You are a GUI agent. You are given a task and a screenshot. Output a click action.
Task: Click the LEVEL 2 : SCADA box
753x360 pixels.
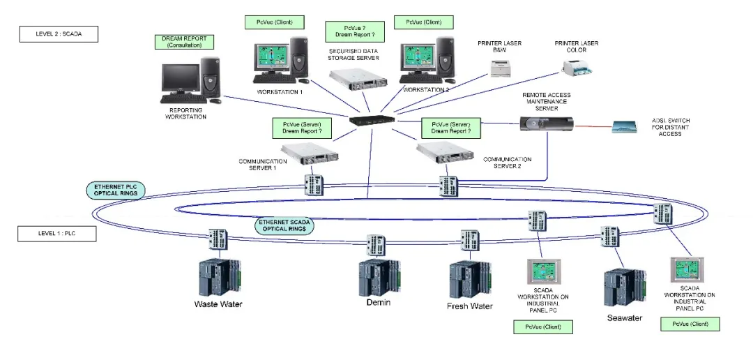click(59, 34)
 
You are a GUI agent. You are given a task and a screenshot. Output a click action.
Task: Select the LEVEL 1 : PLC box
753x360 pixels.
click(57, 234)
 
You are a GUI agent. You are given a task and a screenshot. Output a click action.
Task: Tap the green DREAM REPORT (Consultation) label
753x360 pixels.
click(184, 42)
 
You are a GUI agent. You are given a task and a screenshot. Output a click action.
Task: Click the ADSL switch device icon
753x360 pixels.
click(624, 127)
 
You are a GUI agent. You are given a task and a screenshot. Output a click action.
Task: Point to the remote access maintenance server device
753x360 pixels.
click(547, 124)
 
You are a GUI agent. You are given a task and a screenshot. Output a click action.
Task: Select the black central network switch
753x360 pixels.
click(372, 121)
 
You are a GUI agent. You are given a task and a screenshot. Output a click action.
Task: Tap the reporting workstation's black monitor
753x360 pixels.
click(180, 79)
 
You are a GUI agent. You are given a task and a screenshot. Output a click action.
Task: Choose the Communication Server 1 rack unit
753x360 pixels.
click(310, 153)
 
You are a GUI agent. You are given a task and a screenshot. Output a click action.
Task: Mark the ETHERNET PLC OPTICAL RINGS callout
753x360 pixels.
click(116, 190)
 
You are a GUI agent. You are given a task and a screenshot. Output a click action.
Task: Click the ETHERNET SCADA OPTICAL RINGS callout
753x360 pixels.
click(284, 226)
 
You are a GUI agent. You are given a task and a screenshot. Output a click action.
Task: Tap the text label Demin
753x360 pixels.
click(379, 302)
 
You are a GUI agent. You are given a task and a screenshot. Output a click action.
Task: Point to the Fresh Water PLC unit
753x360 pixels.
click(470, 280)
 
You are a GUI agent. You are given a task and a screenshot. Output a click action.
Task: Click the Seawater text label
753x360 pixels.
click(624, 317)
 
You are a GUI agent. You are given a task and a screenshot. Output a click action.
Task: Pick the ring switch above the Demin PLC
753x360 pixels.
click(376, 245)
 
